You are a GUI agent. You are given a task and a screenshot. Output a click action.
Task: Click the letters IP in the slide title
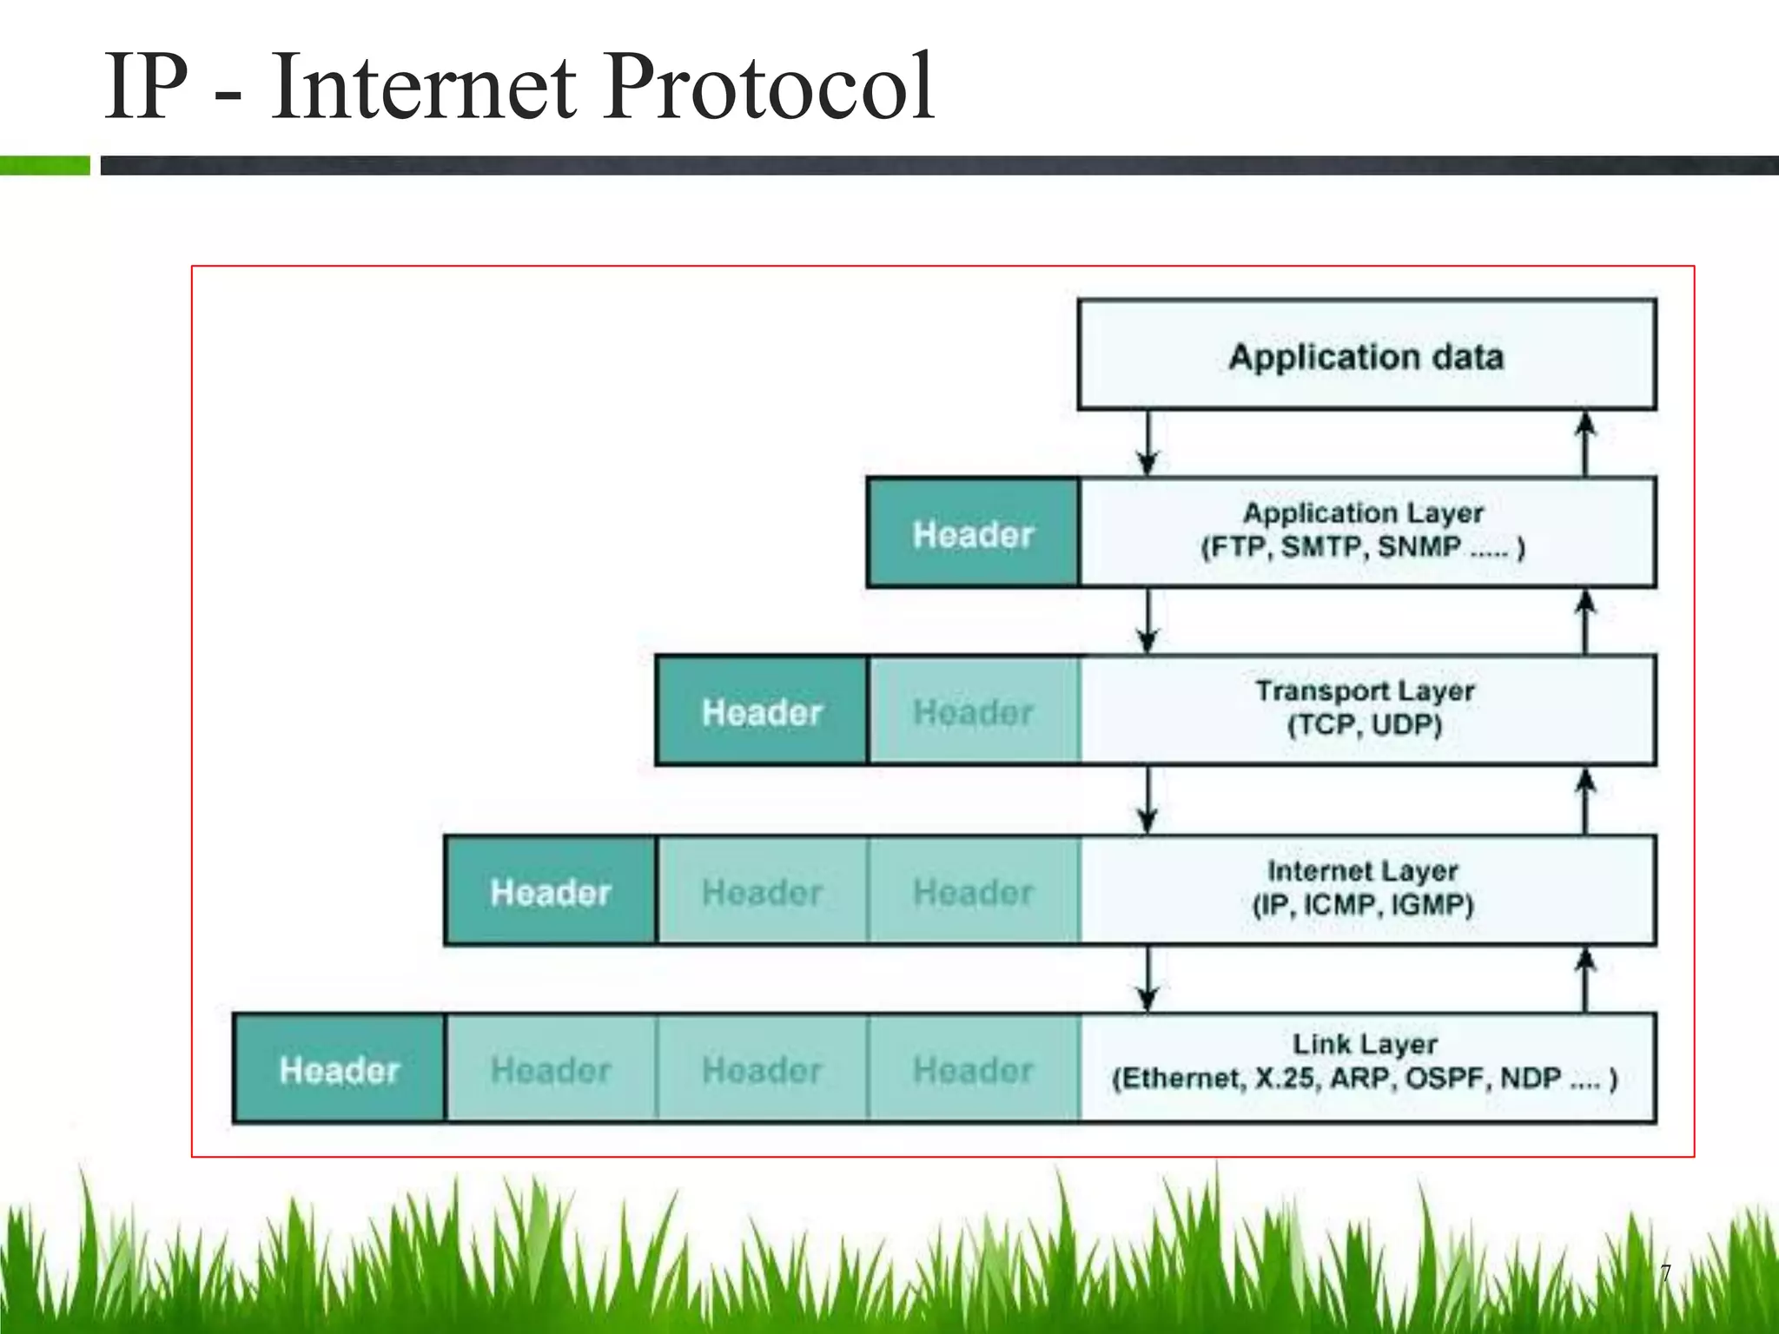(146, 87)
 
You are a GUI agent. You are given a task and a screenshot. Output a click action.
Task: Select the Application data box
(1366, 355)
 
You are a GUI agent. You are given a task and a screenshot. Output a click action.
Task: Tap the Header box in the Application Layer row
(973, 534)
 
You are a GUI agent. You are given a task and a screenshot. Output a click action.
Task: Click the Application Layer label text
(1363, 512)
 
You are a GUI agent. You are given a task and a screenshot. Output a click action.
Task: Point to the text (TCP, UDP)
(1364, 725)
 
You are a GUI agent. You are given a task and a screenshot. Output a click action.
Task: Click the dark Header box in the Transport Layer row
(762, 712)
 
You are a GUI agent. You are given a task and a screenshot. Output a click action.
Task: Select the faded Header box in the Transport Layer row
(973, 712)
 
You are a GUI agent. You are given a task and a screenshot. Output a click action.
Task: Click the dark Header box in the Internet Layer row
(551, 892)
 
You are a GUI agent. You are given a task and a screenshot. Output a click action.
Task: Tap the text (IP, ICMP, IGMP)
(1363, 905)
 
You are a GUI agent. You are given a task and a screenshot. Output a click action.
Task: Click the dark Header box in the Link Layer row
(340, 1070)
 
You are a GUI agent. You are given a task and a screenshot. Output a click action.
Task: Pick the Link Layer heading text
(1365, 1043)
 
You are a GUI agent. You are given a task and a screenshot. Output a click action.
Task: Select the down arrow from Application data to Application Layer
(1147, 443)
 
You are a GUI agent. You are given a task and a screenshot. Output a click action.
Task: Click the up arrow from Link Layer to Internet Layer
(1585, 979)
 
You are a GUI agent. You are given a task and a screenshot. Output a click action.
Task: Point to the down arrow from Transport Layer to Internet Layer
(1147, 800)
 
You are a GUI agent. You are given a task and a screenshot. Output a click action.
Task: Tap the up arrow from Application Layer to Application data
(1585, 443)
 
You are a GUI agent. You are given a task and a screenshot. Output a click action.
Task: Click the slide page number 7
(1665, 1273)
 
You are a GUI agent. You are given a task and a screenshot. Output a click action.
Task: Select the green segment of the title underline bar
(44, 165)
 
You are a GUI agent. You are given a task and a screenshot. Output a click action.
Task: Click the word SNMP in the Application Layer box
(1419, 547)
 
